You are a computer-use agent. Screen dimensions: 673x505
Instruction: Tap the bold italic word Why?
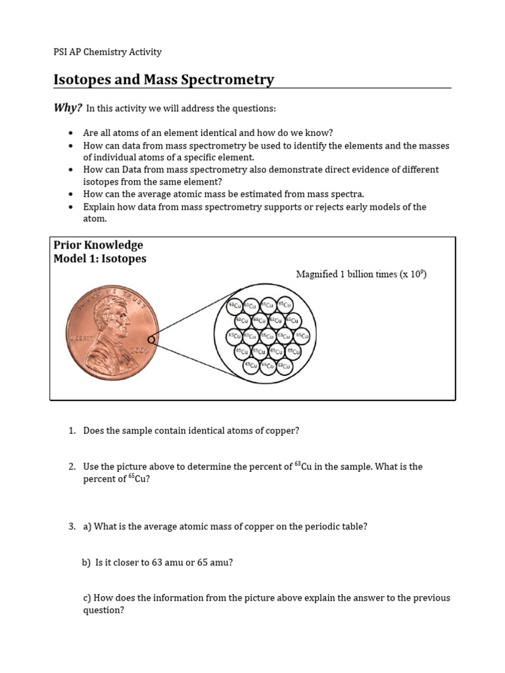pyautogui.click(x=68, y=108)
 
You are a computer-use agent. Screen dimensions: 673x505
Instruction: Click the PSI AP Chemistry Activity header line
pyautogui.click(x=107, y=52)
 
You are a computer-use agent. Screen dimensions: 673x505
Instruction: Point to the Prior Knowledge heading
pyautogui.click(x=99, y=245)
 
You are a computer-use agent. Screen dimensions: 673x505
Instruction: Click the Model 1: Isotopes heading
pyautogui.click(x=100, y=259)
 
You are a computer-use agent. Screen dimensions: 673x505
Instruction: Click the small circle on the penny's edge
pyautogui.click(x=152, y=340)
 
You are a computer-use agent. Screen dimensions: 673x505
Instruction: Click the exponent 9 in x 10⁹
pyautogui.click(x=421, y=271)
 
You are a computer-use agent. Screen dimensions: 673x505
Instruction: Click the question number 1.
pyautogui.click(x=72, y=431)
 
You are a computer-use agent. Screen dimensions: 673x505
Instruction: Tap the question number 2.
pyautogui.click(x=72, y=467)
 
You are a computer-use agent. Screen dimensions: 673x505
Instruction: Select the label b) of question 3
pyautogui.click(x=86, y=563)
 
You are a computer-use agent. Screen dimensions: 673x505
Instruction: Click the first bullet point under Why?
pyautogui.click(x=70, y=133)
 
